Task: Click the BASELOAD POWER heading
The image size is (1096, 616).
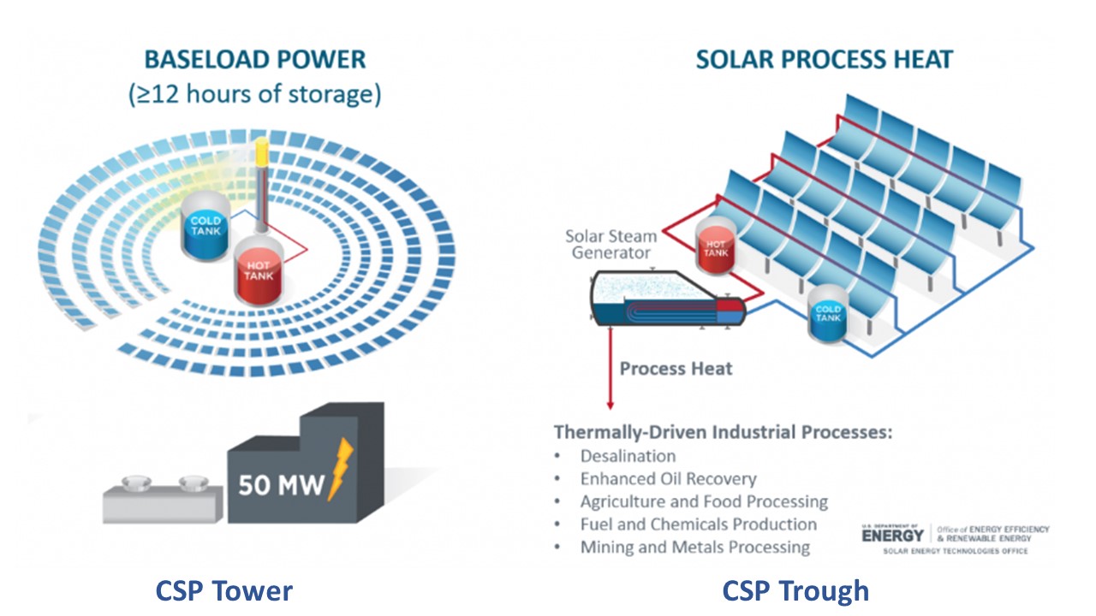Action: pyautogui.click(x=254, y=60)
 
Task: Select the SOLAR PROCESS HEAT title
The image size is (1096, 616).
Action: pyautogui.click(x=824, y=60)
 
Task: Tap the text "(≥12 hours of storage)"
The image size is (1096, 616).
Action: pyautogui.click(x=254, y=94)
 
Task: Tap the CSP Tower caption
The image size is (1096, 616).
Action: pyautogui.click(x=223, y=590)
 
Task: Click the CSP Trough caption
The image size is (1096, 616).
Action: pyautogui.click(x=795, y=590)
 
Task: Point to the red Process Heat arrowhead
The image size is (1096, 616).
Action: pyautogui.click(x=610, y=404)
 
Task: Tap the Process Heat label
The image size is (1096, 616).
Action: pyautogui.click(x=676, y=369)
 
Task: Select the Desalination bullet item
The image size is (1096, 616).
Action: pyautogui.click(x=628, y=456)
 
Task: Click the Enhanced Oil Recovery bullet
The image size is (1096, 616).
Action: pyautogui.click(x=668, y=479)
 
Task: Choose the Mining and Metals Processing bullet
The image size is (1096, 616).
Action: pyautogui.click(x=694, y=547)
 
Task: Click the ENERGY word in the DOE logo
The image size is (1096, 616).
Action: pyautogui.click(x=893, y=536)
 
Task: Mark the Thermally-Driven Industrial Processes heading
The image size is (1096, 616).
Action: pyautogui.click(x=723, y=432)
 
